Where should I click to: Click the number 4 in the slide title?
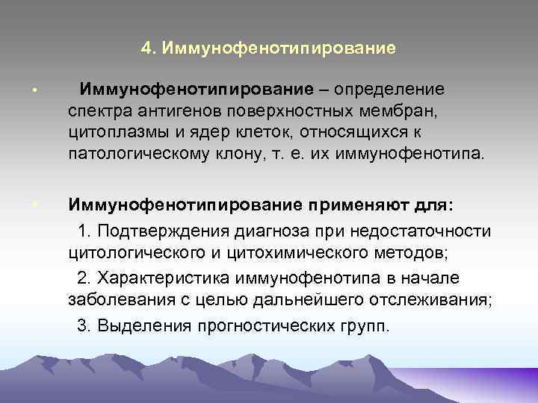click(145, 49)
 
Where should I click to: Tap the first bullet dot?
click(35, 92)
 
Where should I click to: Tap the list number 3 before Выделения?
click(82, 326)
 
